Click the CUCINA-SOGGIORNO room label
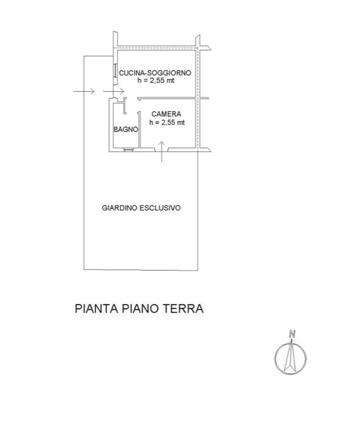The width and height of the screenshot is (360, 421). click(155, 73)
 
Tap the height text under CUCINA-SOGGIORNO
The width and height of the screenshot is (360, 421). click(156, 80)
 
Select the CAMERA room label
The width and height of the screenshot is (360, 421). click(166, 114)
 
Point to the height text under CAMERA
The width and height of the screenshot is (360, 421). click(167, 122)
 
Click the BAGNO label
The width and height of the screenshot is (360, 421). click(126, 130)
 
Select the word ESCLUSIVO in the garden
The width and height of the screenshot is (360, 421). click(160, 208)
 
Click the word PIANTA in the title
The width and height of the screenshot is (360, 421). click(97, 308)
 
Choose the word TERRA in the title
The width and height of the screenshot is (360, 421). click(184, 308)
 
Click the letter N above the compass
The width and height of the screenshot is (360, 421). click(292, 334)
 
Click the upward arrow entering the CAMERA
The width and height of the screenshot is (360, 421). click(161, 152)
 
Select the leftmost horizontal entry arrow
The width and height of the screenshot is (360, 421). click(84, 91)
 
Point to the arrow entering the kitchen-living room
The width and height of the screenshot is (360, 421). click(113, 91)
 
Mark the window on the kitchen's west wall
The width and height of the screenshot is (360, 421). click(115, 71)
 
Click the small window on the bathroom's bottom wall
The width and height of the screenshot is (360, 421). click(128, 150)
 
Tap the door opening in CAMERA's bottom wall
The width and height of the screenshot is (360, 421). click(161, 149)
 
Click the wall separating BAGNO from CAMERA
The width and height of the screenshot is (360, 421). click(140, 130)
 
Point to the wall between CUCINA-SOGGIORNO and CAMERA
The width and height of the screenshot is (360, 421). click(173, 99)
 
